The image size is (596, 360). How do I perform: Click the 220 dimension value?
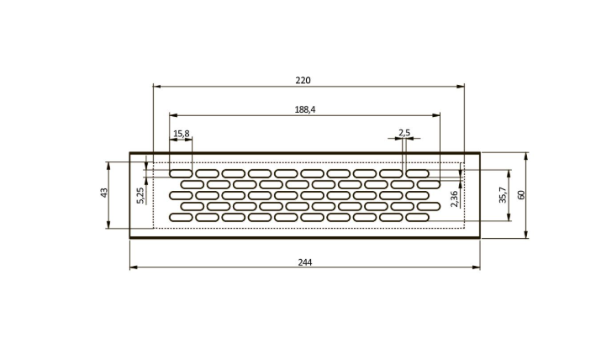pyautogui.click(x=303, y=80)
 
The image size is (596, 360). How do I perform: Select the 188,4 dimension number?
pyautogui.click(x=305, y=109)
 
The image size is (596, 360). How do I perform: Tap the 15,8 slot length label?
pyautogui.click(x=181, y=134)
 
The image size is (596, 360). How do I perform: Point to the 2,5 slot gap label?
pyautogui.click(x=404, y=133)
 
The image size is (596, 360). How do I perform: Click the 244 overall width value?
pyautogui.click(x=305, y=262)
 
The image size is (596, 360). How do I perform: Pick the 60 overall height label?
pyautogui.click(x=521, y=194)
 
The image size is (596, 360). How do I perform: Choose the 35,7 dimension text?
pyautogui.click(x=503, y=195)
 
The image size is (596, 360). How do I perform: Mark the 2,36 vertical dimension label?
pyautogui.click(x=454, y=199)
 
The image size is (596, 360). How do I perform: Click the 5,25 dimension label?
pyautogui.click(x=140, y=195)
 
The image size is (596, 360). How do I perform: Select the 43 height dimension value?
pyautogui.click(x=103, y=193)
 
